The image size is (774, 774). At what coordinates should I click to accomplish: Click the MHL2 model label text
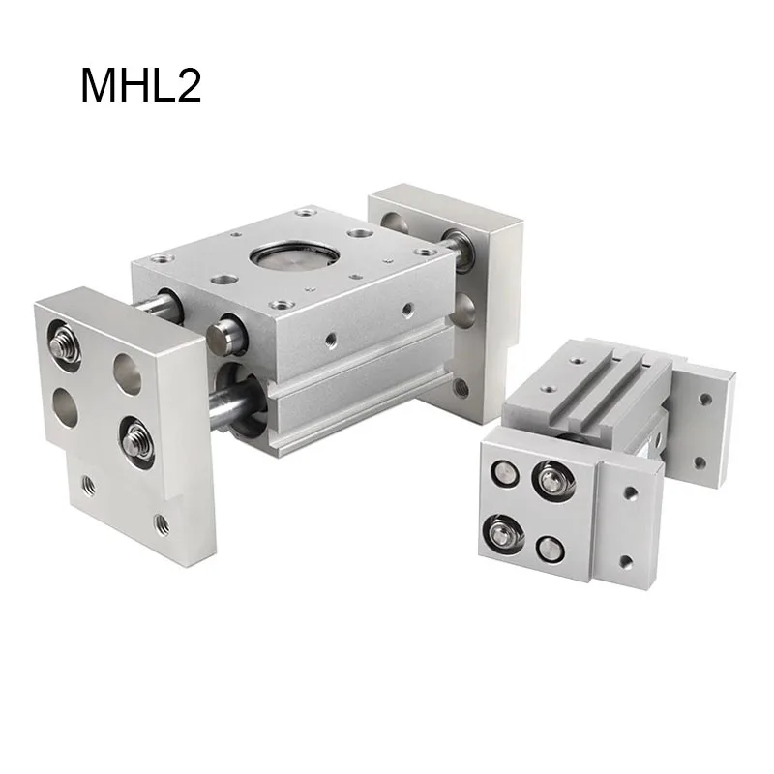pyautogui.click(x=140, y=85)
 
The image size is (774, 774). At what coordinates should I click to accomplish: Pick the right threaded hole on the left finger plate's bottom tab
pyautogui.click(x=162, y=524)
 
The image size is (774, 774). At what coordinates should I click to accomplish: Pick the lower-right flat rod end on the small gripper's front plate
pyautogui.click(x=552, y=543)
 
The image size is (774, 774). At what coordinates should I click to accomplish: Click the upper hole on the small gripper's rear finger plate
pyautogui.click(x=705, y=398)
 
